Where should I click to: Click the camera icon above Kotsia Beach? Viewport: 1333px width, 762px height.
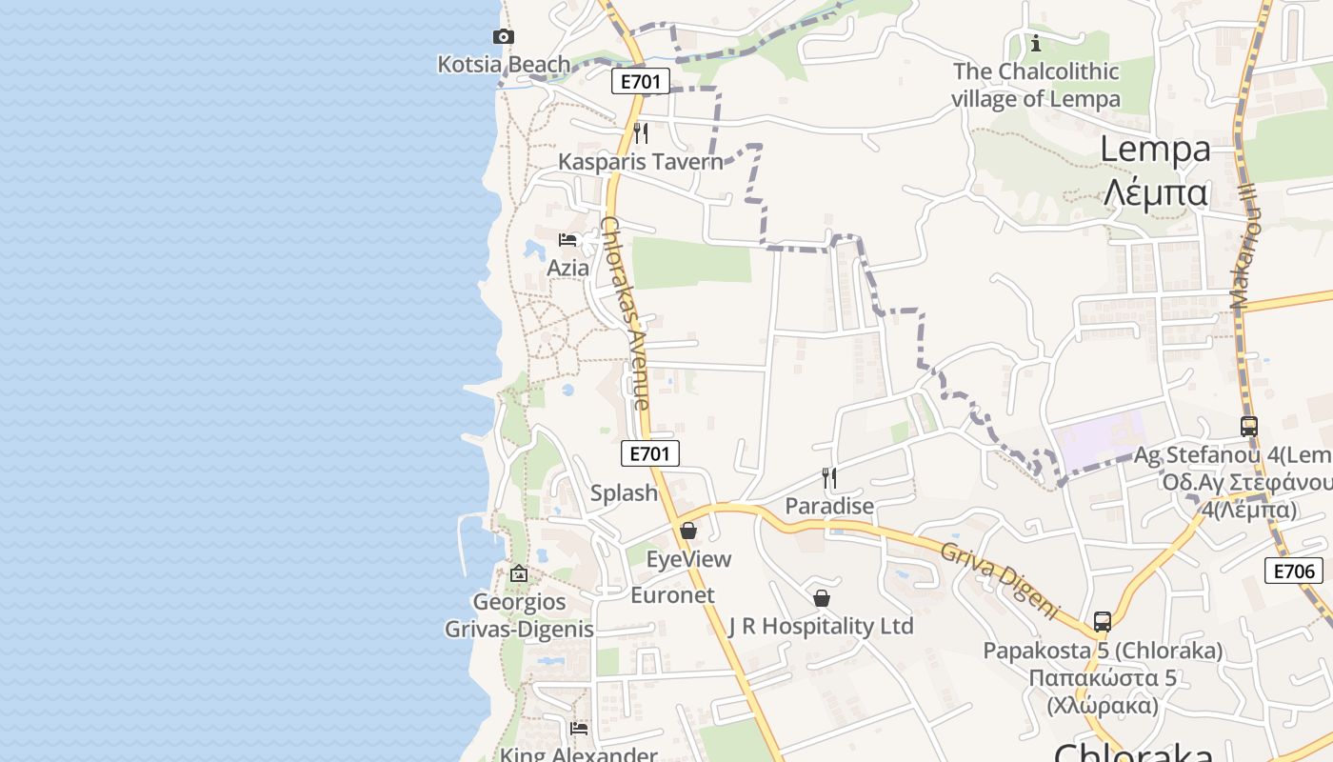point(503,37)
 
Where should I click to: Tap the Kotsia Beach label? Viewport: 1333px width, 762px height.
point(504,64)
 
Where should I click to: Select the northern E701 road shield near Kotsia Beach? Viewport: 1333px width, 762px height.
point(640,81)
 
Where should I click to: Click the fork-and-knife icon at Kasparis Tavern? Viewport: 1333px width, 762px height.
point(641,132)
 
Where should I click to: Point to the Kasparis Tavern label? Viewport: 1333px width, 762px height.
point(640,161)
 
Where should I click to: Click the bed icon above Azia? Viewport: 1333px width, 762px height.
point(568,240)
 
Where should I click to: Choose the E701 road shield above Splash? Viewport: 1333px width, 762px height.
point(650,453)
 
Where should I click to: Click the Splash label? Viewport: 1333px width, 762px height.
point(624,492)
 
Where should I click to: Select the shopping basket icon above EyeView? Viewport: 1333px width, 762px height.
point(688,531)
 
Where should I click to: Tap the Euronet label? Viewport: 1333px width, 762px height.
point(672,595)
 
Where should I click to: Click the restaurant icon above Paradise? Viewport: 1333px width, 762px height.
point(829,477)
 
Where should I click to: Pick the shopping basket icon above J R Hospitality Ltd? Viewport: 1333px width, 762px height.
point(822,598)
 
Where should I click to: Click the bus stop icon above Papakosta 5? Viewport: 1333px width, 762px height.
point(1103,622)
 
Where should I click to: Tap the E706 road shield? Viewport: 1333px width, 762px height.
point(1294,571)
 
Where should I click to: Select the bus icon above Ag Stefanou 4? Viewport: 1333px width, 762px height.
point(1249,427)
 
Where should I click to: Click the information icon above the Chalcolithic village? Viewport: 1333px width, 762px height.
point(1036,43)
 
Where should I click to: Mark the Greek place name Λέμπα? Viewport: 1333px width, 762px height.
point(1156,192)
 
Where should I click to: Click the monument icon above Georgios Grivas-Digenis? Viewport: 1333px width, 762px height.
point(519,573)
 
